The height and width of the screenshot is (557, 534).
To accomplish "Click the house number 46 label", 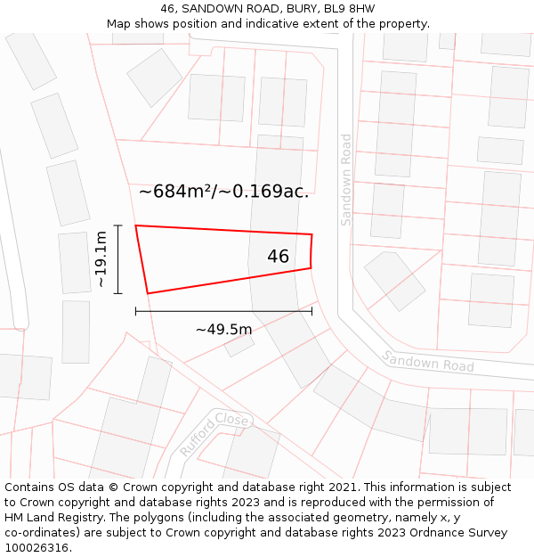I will point(278,257).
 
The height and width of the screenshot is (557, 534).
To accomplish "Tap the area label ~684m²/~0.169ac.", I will point(223,191).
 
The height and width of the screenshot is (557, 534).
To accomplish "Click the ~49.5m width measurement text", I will point(223,329).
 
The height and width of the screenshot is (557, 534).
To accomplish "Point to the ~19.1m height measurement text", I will point(101,259).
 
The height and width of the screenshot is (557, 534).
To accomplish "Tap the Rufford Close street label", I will point(215,433).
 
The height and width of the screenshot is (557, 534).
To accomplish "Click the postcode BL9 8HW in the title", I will point(349,9).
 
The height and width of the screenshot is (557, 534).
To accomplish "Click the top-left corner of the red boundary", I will point(136,225).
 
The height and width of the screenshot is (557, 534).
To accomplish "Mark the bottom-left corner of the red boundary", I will point(148,293).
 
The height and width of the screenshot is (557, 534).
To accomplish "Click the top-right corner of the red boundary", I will point(311,234).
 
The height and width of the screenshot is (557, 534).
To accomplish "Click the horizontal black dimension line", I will point(223,311).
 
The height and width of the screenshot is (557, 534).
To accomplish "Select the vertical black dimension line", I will point(117,259).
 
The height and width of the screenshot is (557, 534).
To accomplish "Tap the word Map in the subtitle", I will point(119,23).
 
